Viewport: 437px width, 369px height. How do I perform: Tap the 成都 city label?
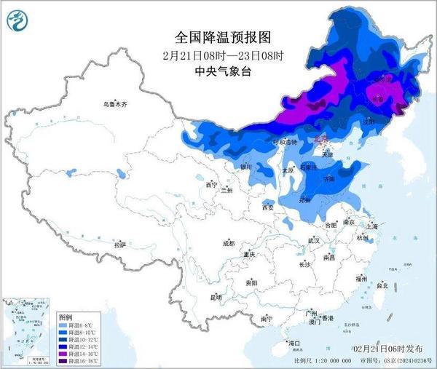point(229,243)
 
